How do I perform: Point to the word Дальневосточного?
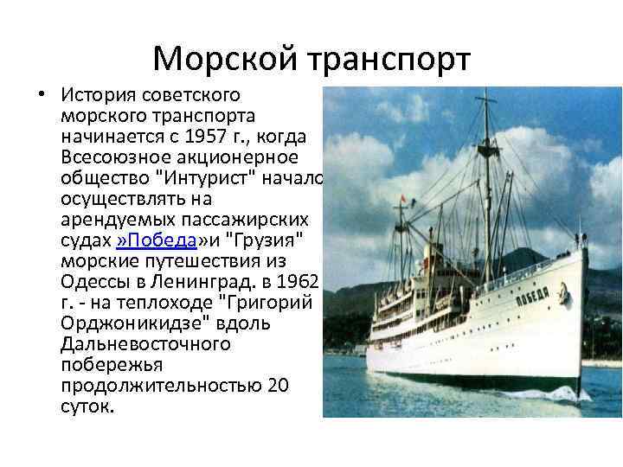(x=145, y=343)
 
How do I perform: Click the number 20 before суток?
(x=279, y=385)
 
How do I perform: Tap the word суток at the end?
(x=87, y=406)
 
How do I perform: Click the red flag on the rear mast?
(x=402, y=200)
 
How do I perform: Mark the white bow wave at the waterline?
(x=567, y=393)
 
